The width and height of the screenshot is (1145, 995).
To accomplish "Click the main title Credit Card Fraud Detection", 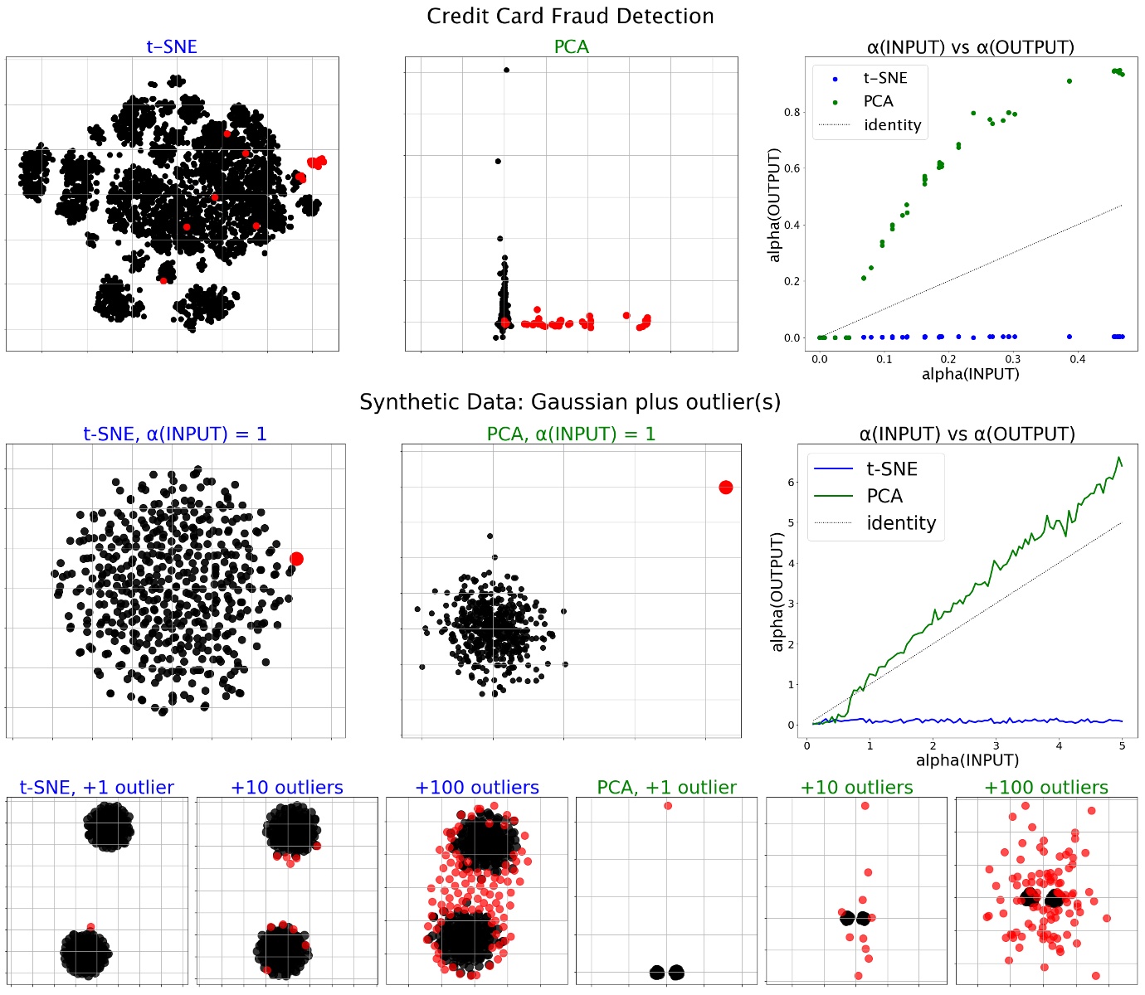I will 570,16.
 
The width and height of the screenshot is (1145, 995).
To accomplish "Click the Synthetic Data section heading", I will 570,402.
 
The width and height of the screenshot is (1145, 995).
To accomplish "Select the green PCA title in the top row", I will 571,47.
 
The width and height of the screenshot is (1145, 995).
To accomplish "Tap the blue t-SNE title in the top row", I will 172,47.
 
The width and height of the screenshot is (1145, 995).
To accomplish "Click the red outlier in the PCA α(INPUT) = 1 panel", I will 725,488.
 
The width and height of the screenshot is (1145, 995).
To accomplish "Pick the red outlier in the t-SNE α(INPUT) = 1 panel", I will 296,559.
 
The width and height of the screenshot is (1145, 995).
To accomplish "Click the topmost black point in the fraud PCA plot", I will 506,70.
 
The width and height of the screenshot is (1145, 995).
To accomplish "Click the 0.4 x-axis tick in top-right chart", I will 1077,359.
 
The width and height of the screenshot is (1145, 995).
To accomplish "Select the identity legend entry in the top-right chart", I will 892,125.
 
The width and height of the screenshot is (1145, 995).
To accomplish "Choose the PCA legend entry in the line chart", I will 884,496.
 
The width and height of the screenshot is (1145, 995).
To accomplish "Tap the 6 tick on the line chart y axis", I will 792,483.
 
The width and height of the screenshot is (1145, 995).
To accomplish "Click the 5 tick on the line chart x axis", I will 1122,745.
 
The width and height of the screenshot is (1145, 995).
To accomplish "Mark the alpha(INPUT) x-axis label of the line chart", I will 967,760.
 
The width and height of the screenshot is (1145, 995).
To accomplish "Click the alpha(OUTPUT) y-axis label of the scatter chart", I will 775,205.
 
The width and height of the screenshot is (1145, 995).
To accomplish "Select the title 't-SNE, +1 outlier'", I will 96,788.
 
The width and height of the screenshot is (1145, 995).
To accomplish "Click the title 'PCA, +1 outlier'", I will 666,788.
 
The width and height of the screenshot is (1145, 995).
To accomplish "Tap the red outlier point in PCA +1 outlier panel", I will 668,806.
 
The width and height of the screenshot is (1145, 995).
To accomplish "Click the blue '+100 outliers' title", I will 476,788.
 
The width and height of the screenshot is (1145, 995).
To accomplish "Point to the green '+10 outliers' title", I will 856,788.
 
